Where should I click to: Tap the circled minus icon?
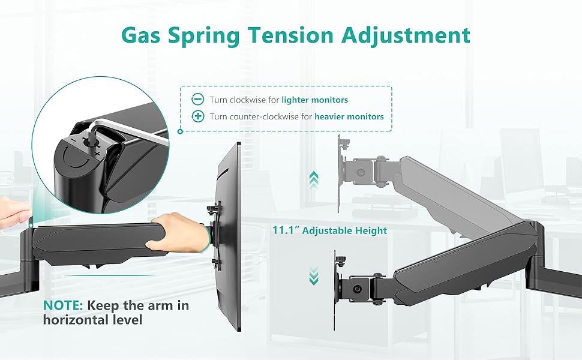pyautogui.click(x=197, y=100)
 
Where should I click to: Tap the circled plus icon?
pyautogui.click(x=197, y=116)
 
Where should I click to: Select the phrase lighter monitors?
pyautogui.click(x=315, y=100)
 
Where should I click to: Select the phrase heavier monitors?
pyautogui.click(x=349, y=116)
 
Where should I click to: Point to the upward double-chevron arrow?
pyautogui.click(x=313, y=178)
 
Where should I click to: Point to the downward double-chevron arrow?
pyautogui.click(x=313, y=277)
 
